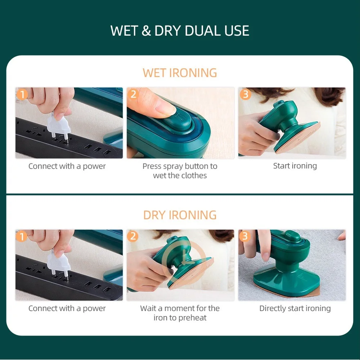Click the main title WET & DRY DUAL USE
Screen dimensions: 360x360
click(x=180, y=31)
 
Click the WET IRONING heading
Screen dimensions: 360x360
click(x=180, y=73)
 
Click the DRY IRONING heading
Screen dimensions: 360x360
click(x=180, y=215)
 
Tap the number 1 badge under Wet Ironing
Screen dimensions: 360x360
click(x=22, y=95)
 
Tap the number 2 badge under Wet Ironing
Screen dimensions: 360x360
click(x=134, y=95)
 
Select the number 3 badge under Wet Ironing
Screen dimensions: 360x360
click(x=245, y=95)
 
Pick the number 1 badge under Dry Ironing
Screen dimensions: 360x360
click(x=22, y=237)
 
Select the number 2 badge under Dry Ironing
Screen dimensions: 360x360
click(x=134, y=237)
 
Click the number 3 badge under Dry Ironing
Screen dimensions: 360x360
click(x=245, y=237)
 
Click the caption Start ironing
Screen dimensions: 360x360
click(x=295, y=166)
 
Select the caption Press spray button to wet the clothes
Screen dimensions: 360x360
click(x=180, y=171)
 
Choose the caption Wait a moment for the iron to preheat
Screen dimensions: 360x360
click(x=180, y=313)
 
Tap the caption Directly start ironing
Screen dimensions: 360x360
click(x=295, y=309)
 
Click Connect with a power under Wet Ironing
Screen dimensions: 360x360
click(x=67, y=166)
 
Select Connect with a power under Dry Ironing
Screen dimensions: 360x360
click(x=67, y=309)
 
